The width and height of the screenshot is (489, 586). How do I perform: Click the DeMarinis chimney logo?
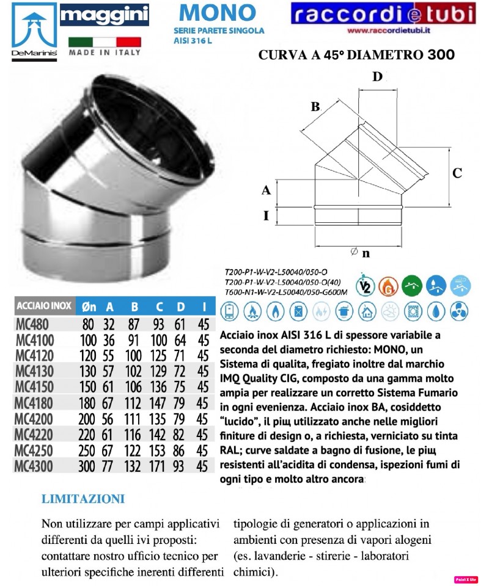tap(31, 30)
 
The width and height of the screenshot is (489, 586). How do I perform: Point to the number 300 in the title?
tap(437, 55)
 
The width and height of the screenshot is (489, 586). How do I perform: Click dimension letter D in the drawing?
tap(377, 77)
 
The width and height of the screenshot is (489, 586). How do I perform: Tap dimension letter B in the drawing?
tap(315, 107)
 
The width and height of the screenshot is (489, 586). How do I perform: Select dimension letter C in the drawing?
tap(457, 173)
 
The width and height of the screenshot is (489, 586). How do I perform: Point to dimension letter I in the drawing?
tap(266, 215)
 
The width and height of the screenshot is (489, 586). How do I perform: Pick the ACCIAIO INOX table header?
tap(43, 306)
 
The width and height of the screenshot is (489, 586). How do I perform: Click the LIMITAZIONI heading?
tap(83, 499)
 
